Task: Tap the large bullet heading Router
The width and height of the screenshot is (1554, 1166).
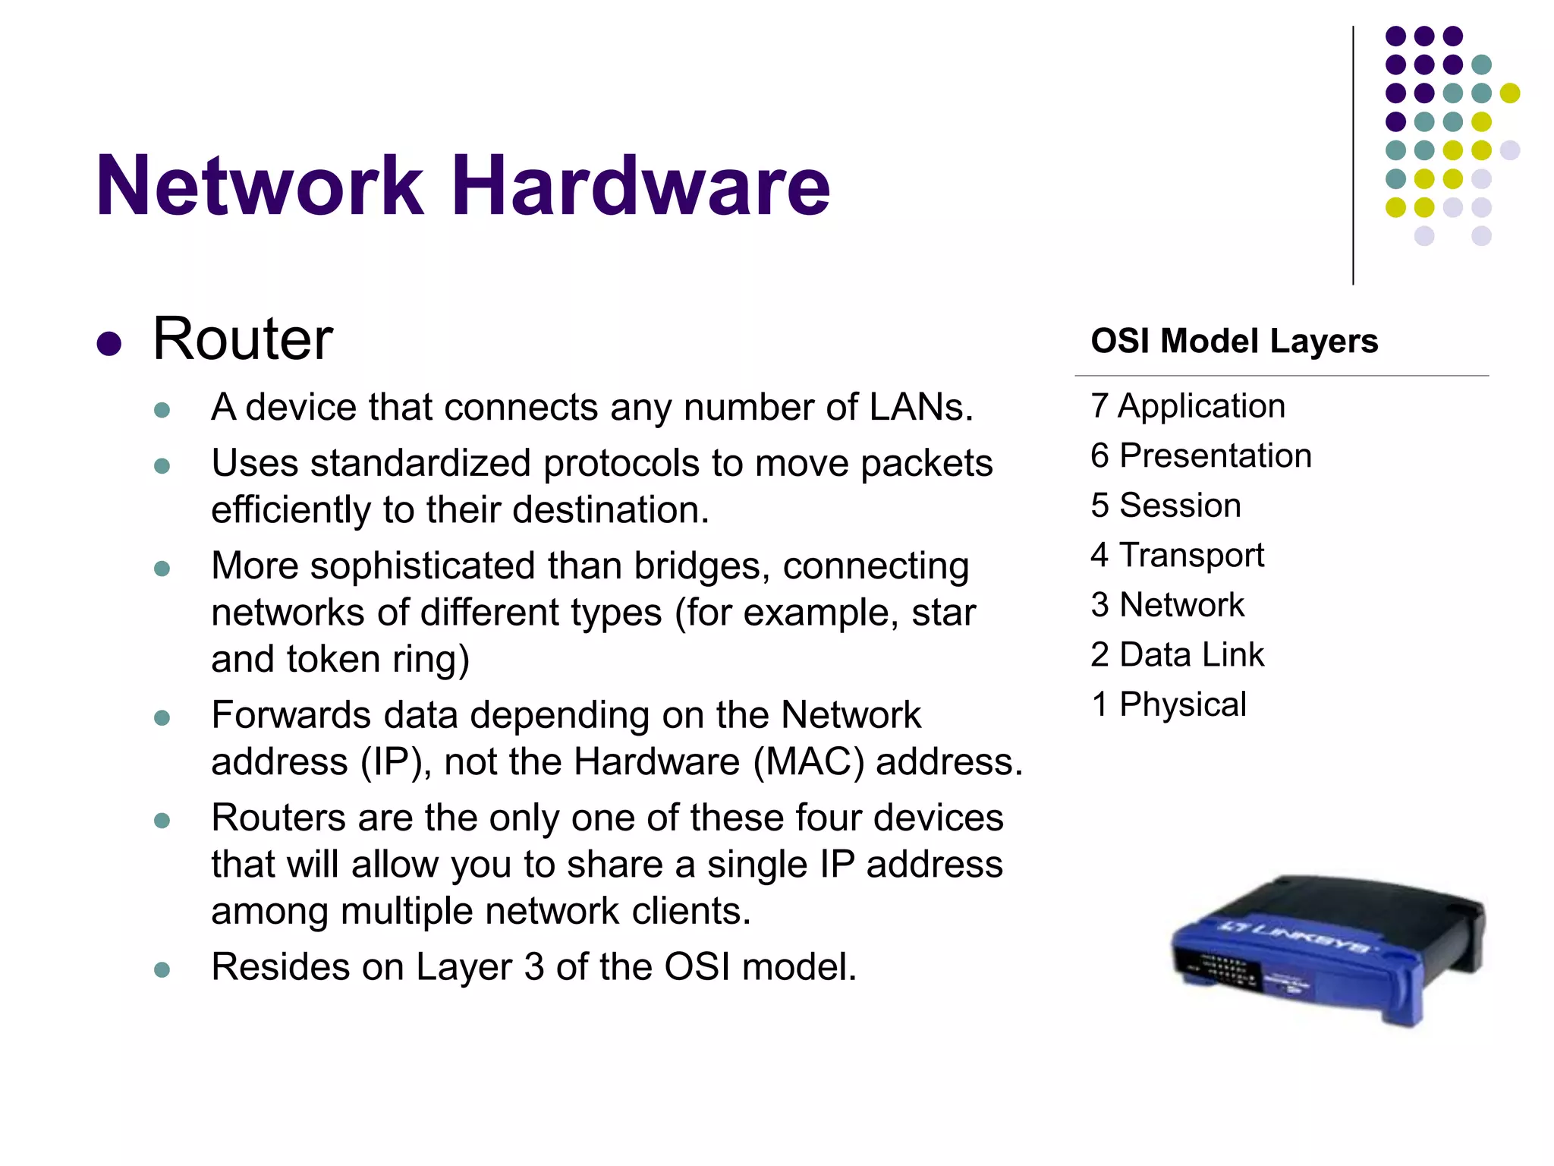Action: tap(243, 339)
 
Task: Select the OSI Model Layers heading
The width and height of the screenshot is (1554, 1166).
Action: tap(1234, 341)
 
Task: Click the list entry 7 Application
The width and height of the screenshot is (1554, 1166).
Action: tap(1188, 406)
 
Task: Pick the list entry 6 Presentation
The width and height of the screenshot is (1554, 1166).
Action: tap(1200, 455)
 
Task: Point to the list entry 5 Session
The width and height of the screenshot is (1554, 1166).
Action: tap(1165, 506)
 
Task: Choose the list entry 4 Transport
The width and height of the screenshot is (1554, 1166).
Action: tap(1177, 555)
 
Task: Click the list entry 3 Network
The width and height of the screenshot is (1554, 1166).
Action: tap(1167, 605)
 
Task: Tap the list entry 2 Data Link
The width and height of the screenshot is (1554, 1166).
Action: tap(1177, 654)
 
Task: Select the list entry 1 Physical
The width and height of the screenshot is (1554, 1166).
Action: tap(1169, 704)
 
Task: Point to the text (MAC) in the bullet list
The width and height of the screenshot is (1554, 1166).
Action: tap(809, 761)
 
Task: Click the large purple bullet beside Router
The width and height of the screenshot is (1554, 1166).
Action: tap(109, 343)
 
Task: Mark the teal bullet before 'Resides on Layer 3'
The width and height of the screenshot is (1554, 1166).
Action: tap(162, 969)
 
